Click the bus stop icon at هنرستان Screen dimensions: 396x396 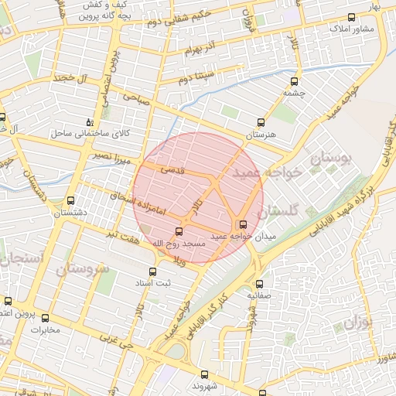(x=261, y=122)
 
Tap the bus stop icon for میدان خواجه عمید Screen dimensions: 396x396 (x=245, y=224)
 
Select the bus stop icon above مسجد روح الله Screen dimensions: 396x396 (x=179, y=231)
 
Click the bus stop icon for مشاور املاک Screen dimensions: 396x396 (x=352, y=17)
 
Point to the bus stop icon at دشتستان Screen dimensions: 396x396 (x=71, y=200)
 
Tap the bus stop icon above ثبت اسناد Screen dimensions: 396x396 (x=152, y=271)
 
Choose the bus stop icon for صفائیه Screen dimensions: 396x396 (x=259, y=284)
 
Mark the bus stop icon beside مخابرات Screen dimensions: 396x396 (x=45, y=318)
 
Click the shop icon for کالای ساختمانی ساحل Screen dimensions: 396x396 (x=90, y=122)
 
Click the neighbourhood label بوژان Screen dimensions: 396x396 (x=357, y=319)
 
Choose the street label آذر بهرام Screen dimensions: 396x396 (x=203, y=51)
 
